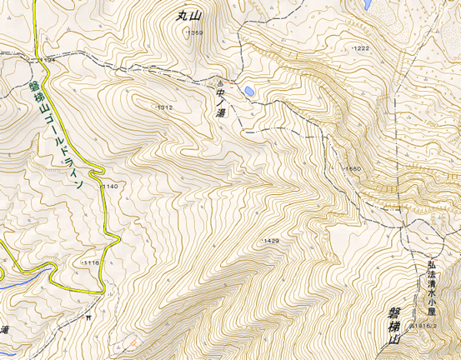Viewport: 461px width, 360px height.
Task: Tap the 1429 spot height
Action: [270, 240]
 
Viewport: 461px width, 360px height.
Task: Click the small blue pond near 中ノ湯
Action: [248, 90]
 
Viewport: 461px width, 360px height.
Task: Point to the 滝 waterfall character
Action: [4, 330]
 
